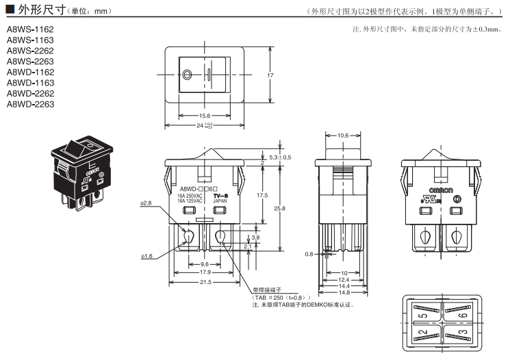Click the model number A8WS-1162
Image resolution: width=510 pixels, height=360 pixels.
tap(30, 29)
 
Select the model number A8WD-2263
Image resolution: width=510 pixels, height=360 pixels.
tap(30, 104)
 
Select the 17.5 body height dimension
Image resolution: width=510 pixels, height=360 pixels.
tap(263, 195)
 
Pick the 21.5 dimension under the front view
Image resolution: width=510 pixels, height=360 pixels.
tap(205, 282)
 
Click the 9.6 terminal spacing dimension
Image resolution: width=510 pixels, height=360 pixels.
tap(205, 264)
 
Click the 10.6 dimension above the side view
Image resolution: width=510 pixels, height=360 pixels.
tap(344, 136)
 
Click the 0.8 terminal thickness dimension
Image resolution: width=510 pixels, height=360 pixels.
tap(309, 255)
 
